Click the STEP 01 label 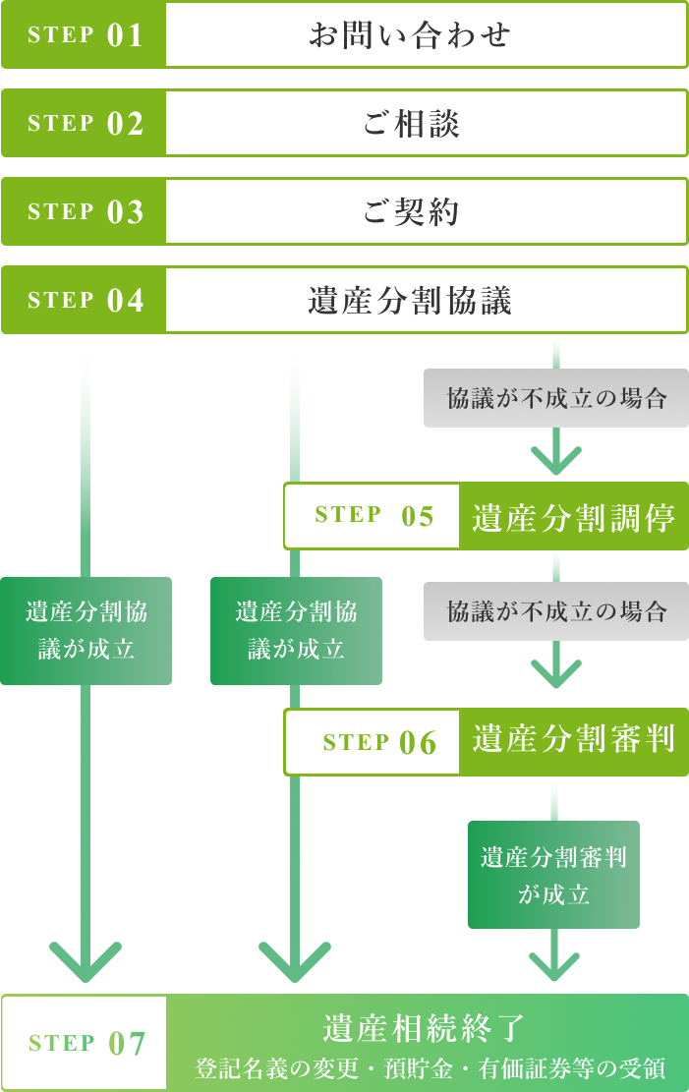tap(86, 35)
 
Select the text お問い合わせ tap(410, 35)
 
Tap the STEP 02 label tap(86, 124)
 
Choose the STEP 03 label tap(86, 212)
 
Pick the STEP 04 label tap(86, 301)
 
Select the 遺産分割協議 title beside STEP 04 tap(410, 301)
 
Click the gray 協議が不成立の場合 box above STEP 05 tap(556, 398)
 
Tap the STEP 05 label tap(373, 516)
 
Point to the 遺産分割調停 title tap(573, 517)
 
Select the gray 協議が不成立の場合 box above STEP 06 tap(556, 611)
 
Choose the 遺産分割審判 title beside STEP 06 tap(573, 739)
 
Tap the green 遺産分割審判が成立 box tap(553, 875)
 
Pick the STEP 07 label tap(86, 1043)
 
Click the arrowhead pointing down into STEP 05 tap(556, 460)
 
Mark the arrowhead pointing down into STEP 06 tap(556, 673)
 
